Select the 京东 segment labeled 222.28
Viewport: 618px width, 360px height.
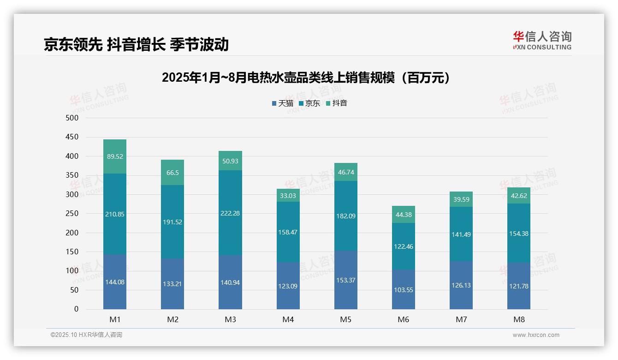click(230, 213)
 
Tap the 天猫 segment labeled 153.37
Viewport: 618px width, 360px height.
click(345, 280)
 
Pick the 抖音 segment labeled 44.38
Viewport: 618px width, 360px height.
click(403, 215)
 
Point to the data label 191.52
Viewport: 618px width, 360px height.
click(172, 222)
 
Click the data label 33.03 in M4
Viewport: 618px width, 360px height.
click(288, 196)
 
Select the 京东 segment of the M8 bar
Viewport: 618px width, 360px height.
click(518, 233)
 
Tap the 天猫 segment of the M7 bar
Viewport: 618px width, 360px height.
click(461, 285)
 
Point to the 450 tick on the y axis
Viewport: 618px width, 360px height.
click(72, 137)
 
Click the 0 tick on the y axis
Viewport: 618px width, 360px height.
click(76, 309)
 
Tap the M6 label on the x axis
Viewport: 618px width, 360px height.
click(403, 320)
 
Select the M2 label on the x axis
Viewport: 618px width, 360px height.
click(172, 320)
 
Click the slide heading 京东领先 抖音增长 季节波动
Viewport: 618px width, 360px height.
click(136, 44)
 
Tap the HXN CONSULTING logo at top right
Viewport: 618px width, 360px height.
click(542, 41)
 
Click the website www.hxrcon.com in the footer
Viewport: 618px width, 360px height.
click(535, 335)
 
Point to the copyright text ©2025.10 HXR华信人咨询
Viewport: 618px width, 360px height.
click(86, 335)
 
